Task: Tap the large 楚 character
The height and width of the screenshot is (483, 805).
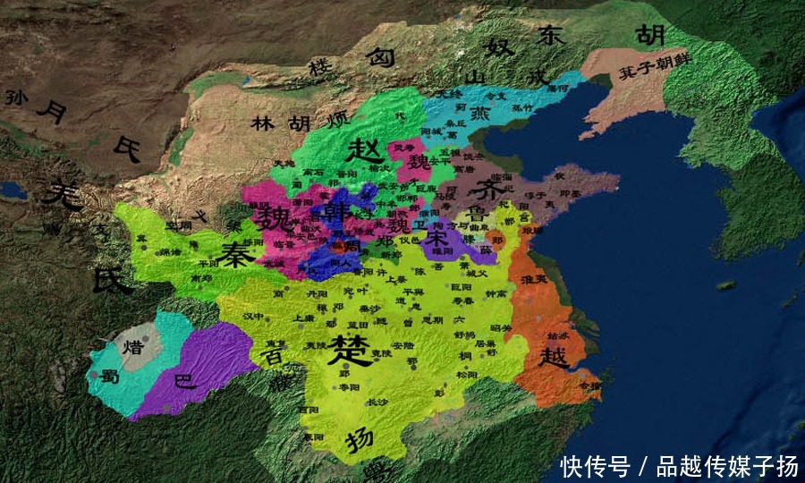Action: [347, 349]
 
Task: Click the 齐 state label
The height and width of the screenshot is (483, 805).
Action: [490, 189]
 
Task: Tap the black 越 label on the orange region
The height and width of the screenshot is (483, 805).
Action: [553, 356]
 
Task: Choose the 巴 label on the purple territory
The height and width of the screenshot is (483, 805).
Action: [183, 382]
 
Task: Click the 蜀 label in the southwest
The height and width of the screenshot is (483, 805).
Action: [110, 377]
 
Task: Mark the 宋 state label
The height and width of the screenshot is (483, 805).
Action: [436, 239]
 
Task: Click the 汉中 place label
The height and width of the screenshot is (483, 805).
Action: [252, 316]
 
